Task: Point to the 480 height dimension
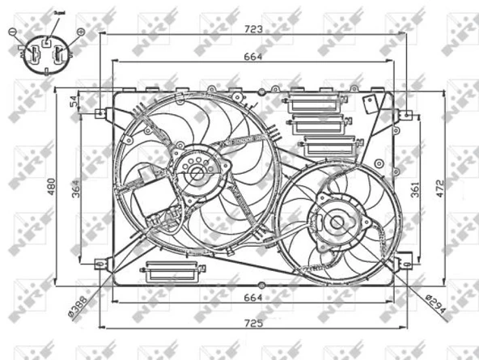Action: coord(53,188)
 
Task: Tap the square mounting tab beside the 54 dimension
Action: coord(101,113)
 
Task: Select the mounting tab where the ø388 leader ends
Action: coord(101,263)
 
